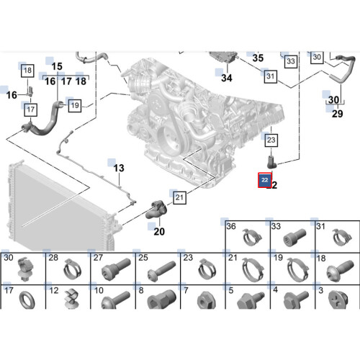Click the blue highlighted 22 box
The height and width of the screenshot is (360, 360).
[x=265, y=180]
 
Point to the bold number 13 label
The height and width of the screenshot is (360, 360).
[x=119, y=168]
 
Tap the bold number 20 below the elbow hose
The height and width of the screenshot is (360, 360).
[x=159, y=232]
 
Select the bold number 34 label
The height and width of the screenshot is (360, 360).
[x=227, y=78]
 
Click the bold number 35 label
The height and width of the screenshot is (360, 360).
[x=258, y=58]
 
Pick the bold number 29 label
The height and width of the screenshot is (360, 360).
[x=338, y=114]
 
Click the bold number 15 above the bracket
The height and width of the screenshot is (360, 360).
[x=57, y=66]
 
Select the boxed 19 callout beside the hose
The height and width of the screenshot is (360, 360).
[x=75, y=105]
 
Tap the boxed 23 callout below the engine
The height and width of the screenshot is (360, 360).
[x=271, y=140]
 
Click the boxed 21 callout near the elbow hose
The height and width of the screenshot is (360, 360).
[x=179, y=197]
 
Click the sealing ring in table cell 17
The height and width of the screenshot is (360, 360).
[x=27, y=300]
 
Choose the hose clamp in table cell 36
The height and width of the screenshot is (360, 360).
[x=252, y=238]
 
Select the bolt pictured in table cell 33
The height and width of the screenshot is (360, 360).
[x=294, y=237]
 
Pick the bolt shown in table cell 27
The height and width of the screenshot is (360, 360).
[x=116, y=269]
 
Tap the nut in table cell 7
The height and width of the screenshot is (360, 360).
[x=207, y=300]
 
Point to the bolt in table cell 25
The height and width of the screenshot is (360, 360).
[x=161, y=271]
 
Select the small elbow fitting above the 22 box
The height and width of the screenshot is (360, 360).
[x=272, y=162]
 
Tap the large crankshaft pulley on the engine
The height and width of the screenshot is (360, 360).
[x=170, y=139]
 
